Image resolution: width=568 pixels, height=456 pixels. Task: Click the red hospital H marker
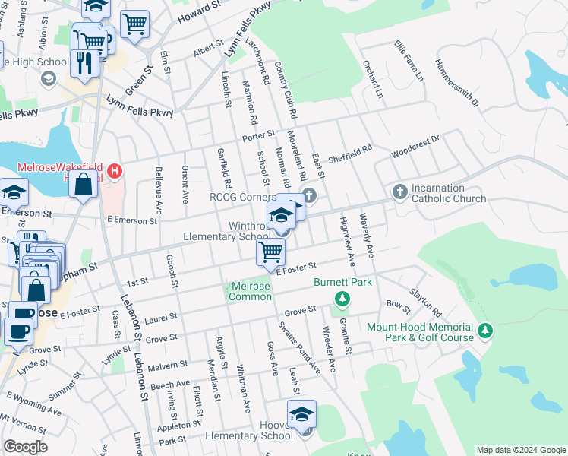pyautogui.click(x=115, y=171)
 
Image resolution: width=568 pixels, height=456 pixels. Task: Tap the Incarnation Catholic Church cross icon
pyautogui.click(x=400, y=192)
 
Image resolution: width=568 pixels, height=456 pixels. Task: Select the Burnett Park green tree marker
pyautogui.click(x=342, y=299)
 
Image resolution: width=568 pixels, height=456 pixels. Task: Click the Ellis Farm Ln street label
pyautogui.click(x=409, y=61)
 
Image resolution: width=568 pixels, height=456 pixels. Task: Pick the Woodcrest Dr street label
pyautogui.click(x=415, y=147)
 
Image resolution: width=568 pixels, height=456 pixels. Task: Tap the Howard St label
pyautogui.click(x=199, y=13)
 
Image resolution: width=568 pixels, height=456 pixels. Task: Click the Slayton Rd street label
pyautogui.click(x=425, y=302)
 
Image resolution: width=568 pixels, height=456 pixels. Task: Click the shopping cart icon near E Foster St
pyautogui.click(x=270, y=252)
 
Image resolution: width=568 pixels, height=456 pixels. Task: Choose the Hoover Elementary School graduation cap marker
pyautogui.click(x=301, y=414)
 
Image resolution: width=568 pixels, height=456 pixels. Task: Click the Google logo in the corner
pyautogui.click(x=25, y=447)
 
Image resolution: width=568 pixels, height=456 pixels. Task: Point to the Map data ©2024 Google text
pyautogui.click(x=520, y=450)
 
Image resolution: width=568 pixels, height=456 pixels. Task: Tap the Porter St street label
pyautogui.click(x=258, y=135)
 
